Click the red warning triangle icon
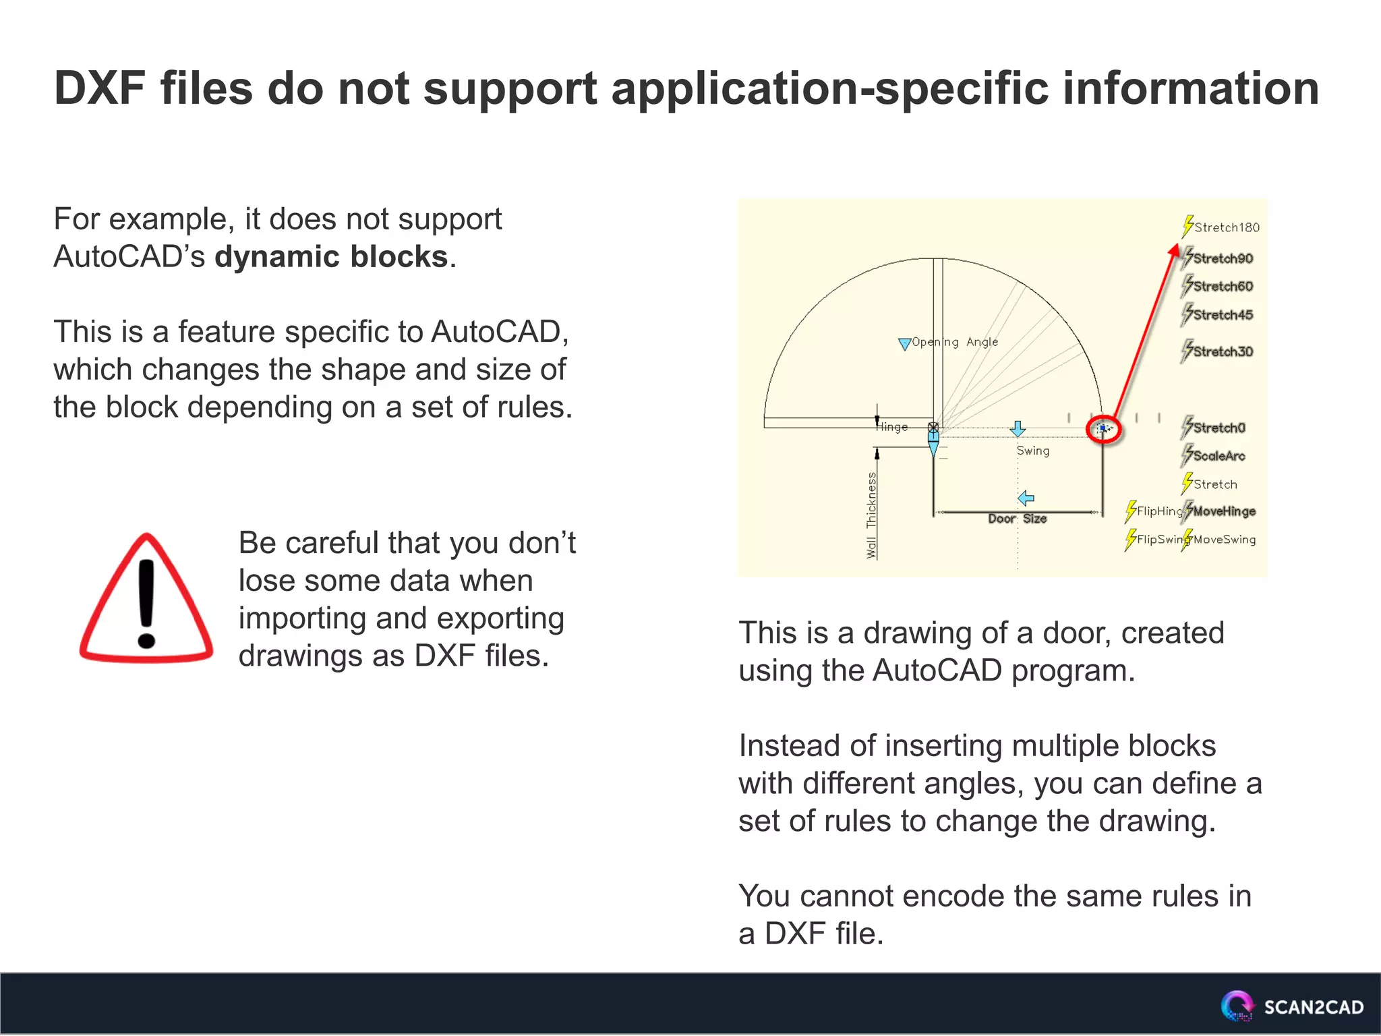tap(146, 601)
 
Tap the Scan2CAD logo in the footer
tap(1292, 1006)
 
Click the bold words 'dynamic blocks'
tap(331, 257)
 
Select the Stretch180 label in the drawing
tap(1226, 227)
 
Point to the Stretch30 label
tap(1223, 351)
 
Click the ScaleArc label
tap(1218, 456)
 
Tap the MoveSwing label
tap(1225, 540)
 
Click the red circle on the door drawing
tap(1103, 429)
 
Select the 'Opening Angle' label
tap(954, 342)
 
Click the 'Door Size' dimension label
tap(1017, 519)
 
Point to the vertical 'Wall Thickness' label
tap(871, 515)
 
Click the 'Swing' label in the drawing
tap(1032, 451)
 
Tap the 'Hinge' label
tap(891, 427)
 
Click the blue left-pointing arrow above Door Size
tap(1026, 498)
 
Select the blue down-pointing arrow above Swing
tap(1018, 429)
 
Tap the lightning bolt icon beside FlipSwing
tap(1130, 540)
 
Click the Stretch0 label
tap(1218, 428)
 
